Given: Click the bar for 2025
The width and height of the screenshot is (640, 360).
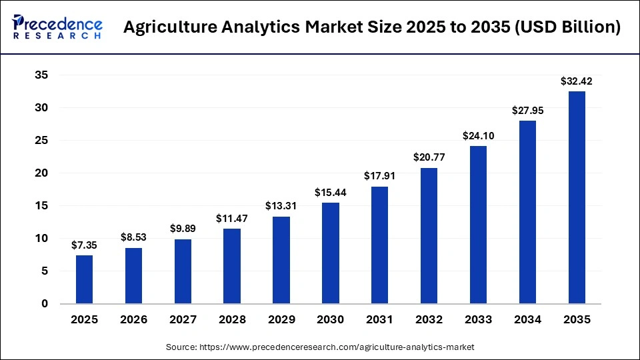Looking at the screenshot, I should pos(84,279).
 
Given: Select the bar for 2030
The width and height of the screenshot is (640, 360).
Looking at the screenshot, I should pos(330,253).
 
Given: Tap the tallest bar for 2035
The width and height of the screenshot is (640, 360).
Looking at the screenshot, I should pos(576,197).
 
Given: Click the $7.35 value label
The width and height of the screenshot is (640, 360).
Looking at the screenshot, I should pos(84,245).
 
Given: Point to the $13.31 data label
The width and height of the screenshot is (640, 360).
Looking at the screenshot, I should pos(281,206).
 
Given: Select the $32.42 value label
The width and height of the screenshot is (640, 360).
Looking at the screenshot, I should pos(576,81).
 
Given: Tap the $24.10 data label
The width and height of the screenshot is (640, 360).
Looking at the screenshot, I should pos(478,136).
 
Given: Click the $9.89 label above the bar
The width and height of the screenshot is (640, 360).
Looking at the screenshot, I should pos(183,229).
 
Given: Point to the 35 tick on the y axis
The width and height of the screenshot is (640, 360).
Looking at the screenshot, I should pos(41,75).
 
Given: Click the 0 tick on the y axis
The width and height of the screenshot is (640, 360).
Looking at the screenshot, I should pos(45,304).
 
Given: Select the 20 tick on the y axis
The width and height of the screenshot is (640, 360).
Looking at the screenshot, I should pos(41,173).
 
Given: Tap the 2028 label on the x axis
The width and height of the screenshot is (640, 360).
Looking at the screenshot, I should pos(232,320).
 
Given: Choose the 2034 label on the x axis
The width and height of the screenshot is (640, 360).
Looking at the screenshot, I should pos(527,320).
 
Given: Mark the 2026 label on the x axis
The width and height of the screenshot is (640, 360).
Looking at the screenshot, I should pos(133,320).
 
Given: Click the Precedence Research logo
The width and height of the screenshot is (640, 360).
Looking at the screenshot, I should pos(57,27).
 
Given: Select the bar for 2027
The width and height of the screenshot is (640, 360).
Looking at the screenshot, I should pos(183,271).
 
